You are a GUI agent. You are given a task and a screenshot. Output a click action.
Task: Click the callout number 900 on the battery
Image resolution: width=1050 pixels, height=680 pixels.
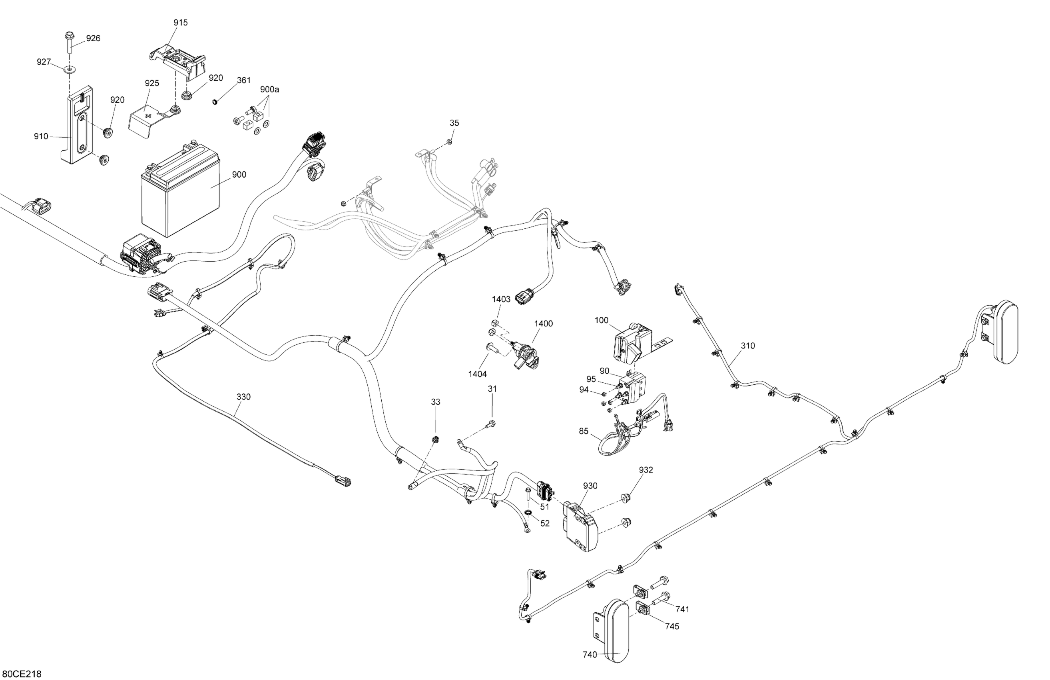tap(239, 175)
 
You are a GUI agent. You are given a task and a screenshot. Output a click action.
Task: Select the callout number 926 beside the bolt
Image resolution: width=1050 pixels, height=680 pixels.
tap(93, 38)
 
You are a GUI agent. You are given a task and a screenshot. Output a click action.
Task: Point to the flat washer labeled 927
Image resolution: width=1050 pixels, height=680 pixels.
tap(69, 69)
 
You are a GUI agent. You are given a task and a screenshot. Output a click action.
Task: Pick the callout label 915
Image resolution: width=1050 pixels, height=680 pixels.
tap(180, 22)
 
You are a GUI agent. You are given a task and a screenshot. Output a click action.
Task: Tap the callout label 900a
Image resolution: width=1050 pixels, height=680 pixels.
tap(269, 90)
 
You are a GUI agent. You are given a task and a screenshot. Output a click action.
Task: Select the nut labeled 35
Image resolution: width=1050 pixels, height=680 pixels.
tap(449, 142)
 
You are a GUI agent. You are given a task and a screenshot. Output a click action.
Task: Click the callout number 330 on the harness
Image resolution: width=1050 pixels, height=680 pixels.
tap(243, 397)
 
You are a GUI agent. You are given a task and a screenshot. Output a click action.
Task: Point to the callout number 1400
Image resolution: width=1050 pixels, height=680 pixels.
tap(543, 324)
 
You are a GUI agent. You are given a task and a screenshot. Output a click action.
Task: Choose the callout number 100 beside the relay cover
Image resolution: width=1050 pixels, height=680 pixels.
tap(601, 320)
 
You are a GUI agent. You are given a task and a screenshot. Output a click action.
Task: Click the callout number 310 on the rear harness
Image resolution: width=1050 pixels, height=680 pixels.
tap(748, 346)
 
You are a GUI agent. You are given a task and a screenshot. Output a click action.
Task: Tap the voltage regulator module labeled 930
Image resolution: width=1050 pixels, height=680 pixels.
tap(580, 528)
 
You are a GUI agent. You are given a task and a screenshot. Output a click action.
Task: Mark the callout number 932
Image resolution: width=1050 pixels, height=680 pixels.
tap(646, 470)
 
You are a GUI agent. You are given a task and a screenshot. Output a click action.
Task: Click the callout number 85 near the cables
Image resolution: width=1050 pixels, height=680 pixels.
tap(584, 431)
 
